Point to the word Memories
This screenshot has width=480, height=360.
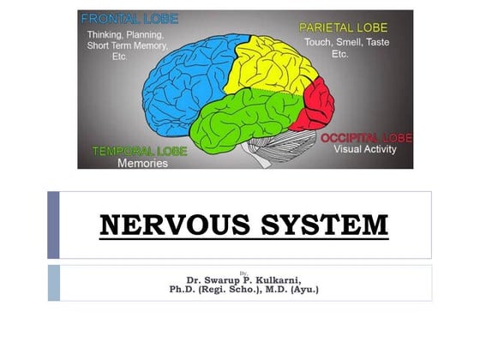(141, 164)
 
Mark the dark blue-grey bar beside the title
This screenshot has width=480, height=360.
(53, 225)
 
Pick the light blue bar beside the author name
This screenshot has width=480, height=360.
(53, 283)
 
